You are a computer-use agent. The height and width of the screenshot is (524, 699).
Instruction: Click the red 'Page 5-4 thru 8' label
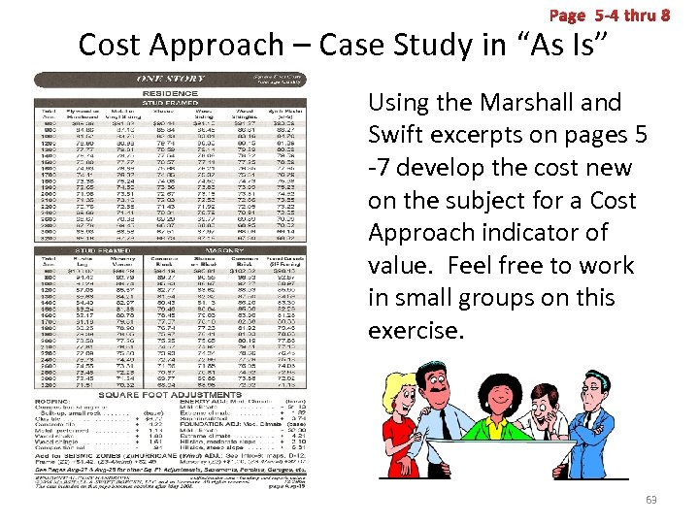(609, 16)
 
